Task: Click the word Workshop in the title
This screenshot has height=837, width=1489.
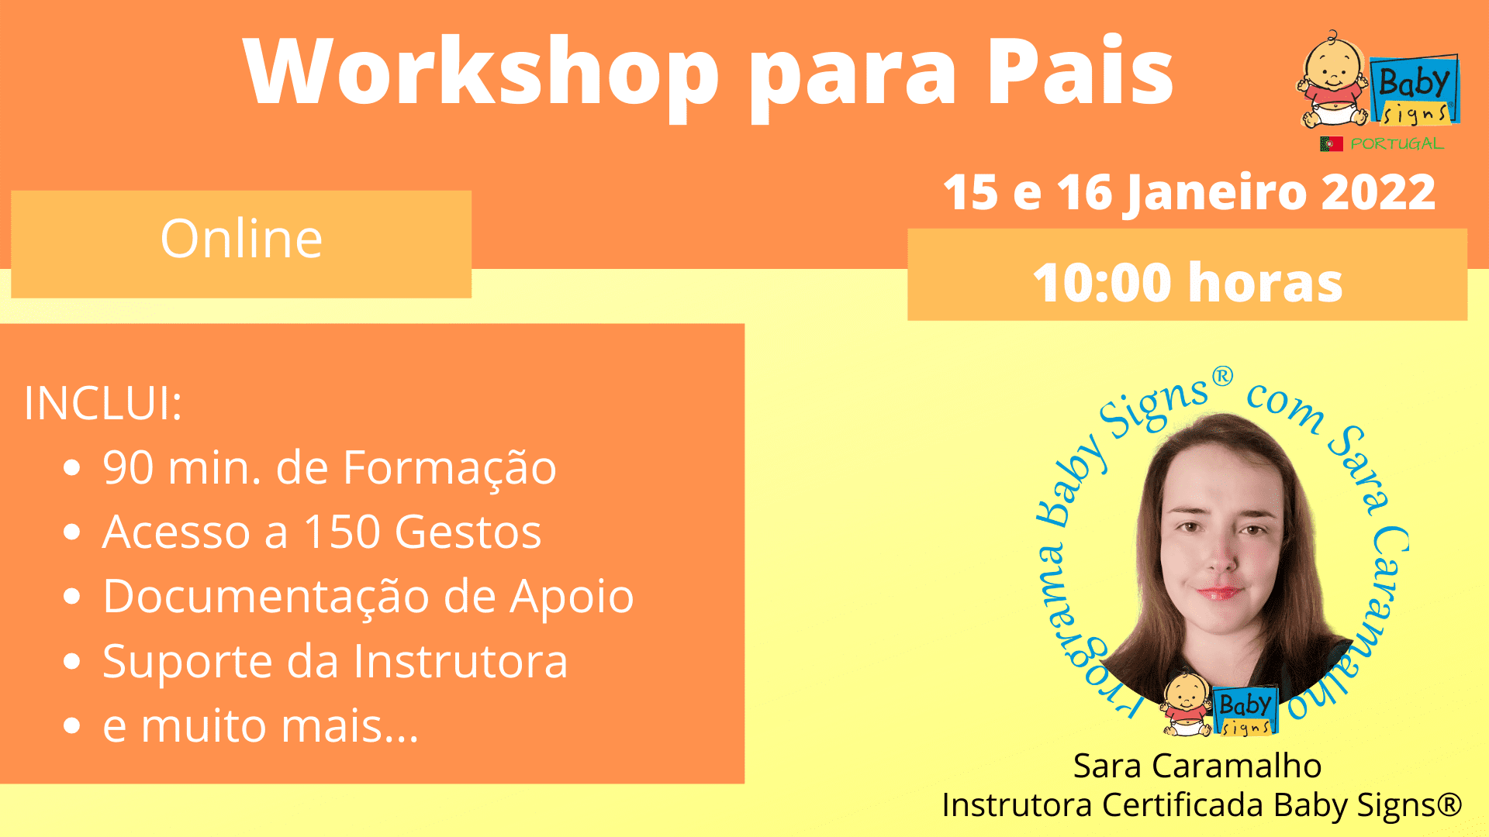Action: (482, 71)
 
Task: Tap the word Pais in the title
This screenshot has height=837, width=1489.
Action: (1080, 71)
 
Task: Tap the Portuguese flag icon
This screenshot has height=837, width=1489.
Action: (1332, 143)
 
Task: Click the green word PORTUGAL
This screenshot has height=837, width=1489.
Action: (1397, 143)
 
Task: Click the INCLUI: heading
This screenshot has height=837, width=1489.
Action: (103, 403)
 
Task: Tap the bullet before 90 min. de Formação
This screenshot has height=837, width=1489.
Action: (72, 467)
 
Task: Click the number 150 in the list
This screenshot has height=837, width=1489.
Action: (342, 532)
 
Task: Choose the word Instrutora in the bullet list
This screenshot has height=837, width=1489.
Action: (461, 661)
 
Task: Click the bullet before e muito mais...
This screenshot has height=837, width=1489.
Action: (72, 725)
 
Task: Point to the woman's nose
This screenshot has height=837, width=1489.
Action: (1222, 556)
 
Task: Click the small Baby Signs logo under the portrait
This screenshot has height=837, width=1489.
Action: (1219, 704)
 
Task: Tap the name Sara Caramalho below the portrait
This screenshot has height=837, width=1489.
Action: (1197, 766)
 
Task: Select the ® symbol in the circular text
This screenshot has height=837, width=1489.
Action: (1222, 377)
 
